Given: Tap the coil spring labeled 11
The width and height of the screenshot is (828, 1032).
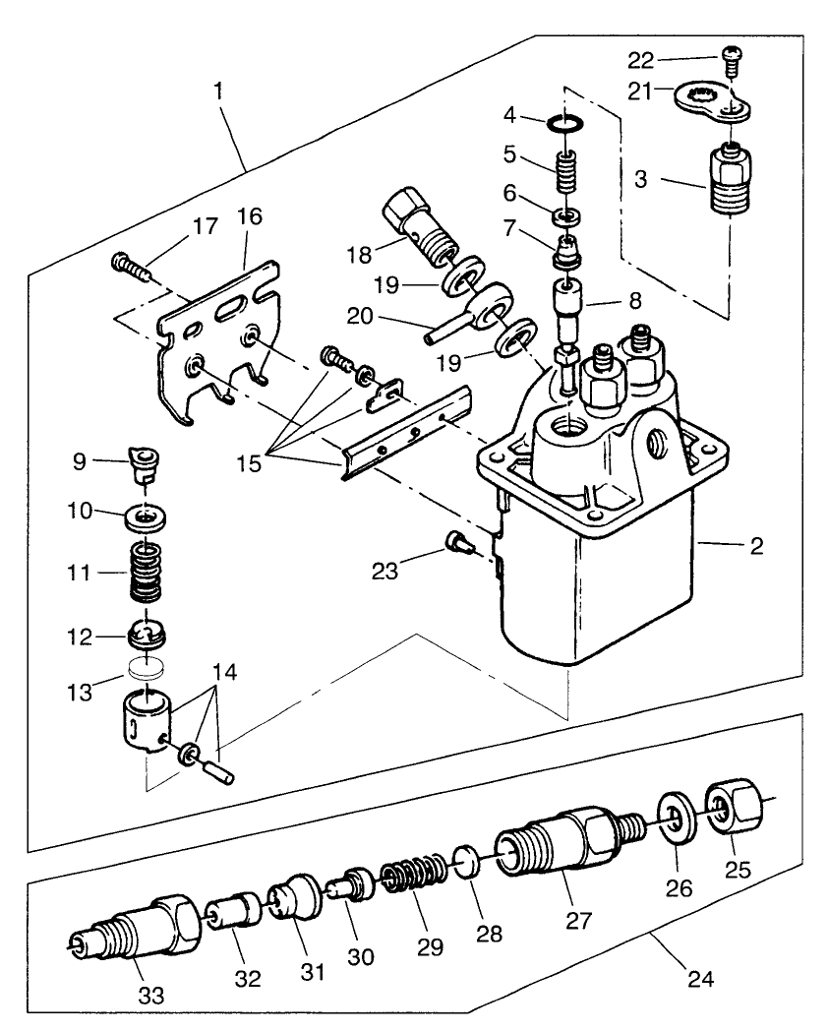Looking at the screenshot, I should (146, 575).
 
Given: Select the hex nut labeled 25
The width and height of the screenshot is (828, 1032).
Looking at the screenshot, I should (730, 806).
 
